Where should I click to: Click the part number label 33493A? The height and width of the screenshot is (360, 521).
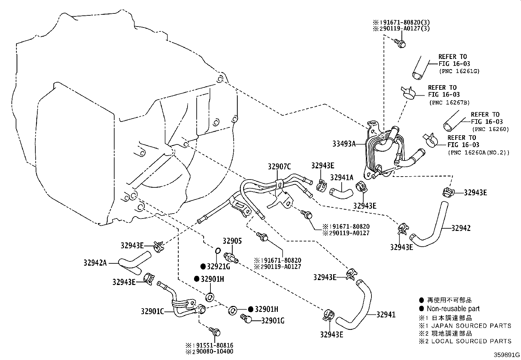pyautogui.click(x=344, y=143)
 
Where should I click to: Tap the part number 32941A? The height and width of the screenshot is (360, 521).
pyautogui.click(x=342, y=178)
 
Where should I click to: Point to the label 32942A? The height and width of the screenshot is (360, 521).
pyautogui.click(x=95, y=263)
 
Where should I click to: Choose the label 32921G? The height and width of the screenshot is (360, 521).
pyautogui.click(x=218, y=267)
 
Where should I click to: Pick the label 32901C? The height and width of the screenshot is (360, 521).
pyautogui.click(x=152, y=311)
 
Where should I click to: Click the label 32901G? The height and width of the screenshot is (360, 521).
pyautogui.click(x=272, y=320)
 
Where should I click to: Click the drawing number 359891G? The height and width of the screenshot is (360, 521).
pyautogui.click(x=507, y=355)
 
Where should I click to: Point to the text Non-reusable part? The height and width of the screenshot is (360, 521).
pyautogui.click(x=453, y=309)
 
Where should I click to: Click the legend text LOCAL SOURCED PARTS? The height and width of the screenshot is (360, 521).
pyautogui.click(x=471, y=341)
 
